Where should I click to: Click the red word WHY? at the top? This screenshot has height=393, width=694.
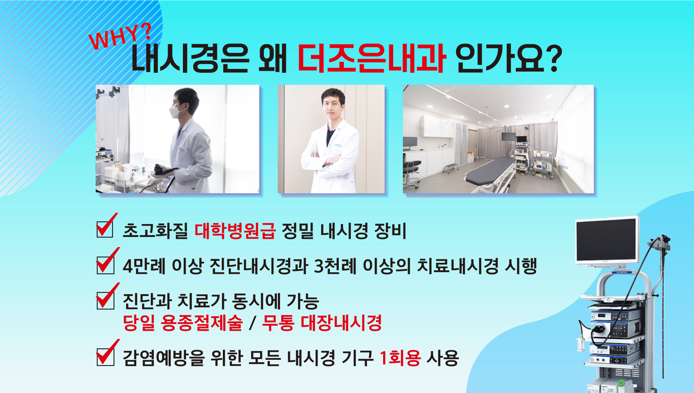[x=120, y=36]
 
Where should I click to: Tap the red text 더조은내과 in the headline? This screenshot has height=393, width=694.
[x=371, y=59]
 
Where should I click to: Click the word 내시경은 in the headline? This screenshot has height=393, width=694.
[x=190, y=59]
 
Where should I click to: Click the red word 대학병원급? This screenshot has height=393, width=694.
[x=235, y=231]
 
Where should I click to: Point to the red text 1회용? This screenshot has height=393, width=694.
[x=400, y=357]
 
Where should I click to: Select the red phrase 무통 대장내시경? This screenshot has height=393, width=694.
[x=322, y=323]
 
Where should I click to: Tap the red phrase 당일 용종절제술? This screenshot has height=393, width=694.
[x=183, y=323]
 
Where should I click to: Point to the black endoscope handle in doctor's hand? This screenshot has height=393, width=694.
[x=163, y=170]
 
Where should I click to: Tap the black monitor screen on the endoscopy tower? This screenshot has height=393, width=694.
[x=606, y=240]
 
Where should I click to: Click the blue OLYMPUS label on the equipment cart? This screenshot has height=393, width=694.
[x=622, y=272]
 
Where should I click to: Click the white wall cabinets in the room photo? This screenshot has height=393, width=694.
[x=437, y=126]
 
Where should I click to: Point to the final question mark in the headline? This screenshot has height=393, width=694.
[x=554, y=59]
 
